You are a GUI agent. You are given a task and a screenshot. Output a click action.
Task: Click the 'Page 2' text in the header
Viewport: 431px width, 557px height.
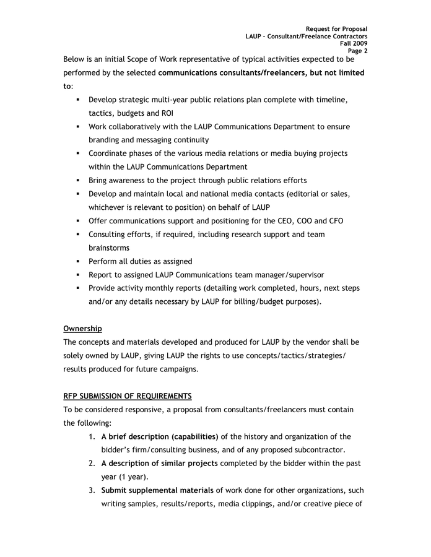357,51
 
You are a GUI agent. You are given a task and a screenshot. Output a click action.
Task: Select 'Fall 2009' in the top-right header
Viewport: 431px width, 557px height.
354,44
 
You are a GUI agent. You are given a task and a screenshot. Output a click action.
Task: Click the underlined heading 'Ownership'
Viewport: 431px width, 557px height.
82,329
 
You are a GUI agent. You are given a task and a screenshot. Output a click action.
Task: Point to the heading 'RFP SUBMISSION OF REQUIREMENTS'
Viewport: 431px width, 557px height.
127,396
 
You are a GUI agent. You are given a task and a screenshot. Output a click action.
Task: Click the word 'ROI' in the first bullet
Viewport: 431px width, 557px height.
165,113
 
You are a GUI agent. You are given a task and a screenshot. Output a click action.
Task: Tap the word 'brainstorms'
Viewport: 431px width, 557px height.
109,248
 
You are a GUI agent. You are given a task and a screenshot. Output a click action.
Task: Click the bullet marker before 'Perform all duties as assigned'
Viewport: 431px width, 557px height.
79,262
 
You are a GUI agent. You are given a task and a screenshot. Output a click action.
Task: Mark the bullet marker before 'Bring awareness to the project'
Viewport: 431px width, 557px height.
79,181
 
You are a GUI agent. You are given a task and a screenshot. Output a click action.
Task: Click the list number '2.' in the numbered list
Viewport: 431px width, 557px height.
91,464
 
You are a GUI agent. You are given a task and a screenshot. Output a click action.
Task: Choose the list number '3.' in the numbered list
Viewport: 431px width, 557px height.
91,491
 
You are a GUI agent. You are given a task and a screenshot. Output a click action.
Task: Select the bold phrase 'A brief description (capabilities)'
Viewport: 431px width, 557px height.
160,437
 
